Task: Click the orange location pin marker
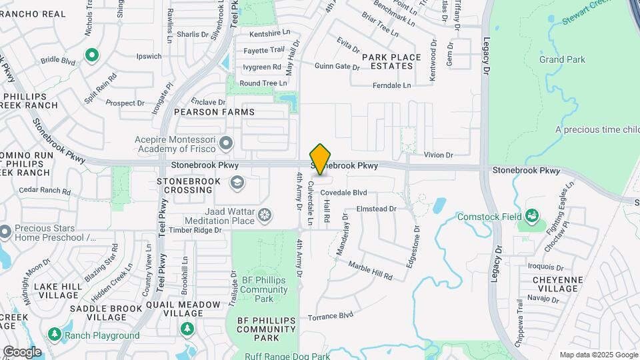click(x=321, y=159)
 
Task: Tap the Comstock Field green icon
click(x=531, y=215)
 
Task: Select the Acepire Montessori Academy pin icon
click(x=227, y=142)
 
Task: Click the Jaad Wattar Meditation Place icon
click(x=265, y=215)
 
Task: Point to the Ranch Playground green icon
click(x=54, y=334)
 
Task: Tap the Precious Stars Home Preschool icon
click(x=5, y=232)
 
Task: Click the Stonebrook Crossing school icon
click(x=237, y=181)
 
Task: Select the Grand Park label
click(x=562, y=59)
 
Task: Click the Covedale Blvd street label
click(x=343, y=193)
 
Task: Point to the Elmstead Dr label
click(x=377, y=209)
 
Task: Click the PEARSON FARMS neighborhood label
click(x=214, y=112)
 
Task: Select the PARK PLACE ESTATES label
click(x=391, y=61)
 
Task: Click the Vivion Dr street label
click(x=438, y=155)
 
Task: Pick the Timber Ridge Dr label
click(x=195, y=230)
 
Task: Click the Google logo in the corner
click(x=22, y=352)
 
